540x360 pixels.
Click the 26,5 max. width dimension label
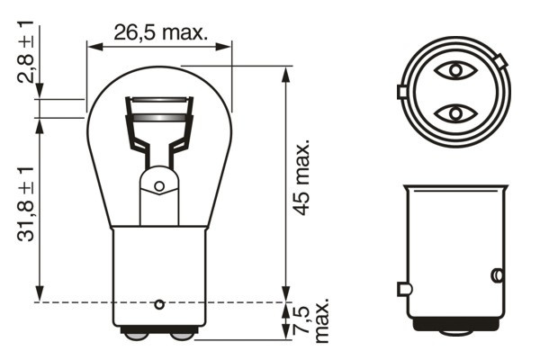160,33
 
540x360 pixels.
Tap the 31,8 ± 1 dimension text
27,202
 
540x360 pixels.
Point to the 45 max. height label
303,175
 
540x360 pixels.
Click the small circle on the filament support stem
159,186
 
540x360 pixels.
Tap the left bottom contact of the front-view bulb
136,336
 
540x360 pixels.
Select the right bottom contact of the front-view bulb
181,336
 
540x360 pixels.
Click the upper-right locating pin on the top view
500,62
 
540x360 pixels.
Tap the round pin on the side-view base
495,274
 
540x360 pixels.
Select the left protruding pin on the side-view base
403,289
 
